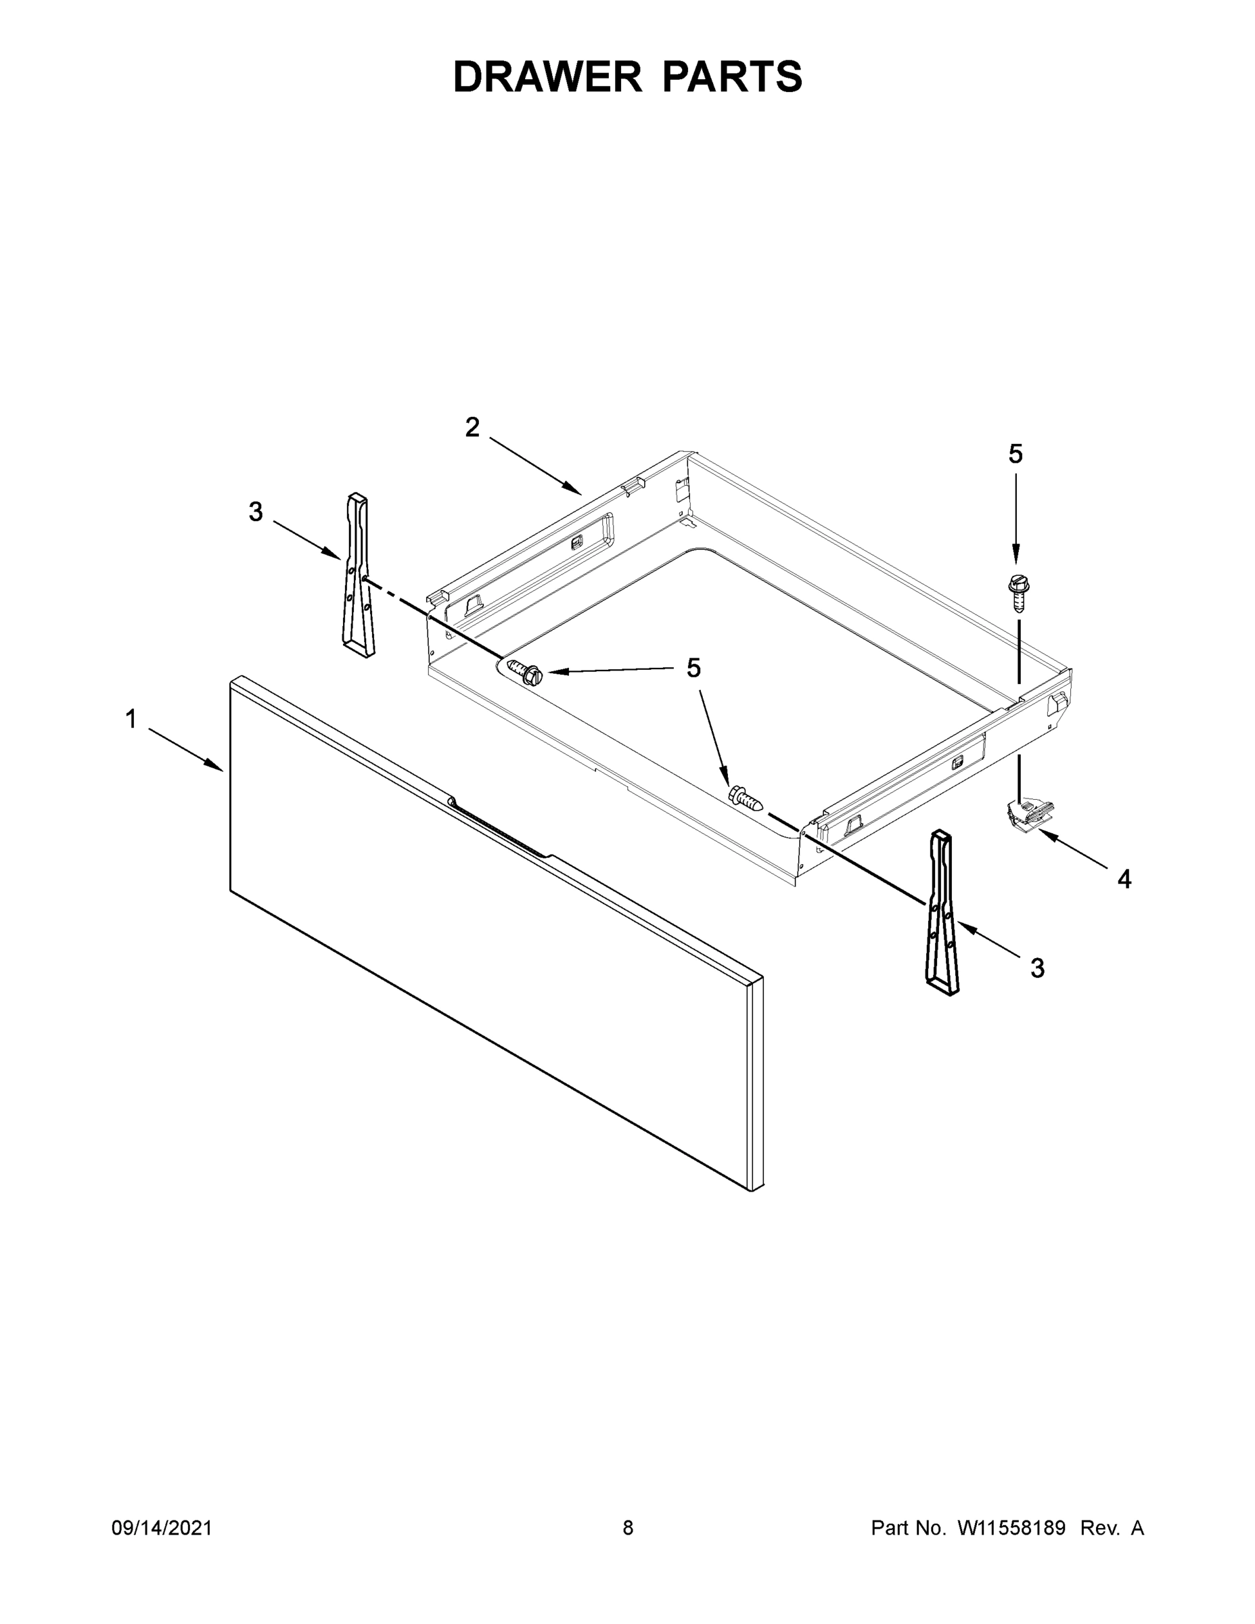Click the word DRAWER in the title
point(547,76)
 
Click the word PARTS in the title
point(732,76)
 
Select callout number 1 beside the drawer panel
point(131,719)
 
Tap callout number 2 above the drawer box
point(472,428)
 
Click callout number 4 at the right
point(1124,880)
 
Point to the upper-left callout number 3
point(255,512)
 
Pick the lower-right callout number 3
point(1037,968)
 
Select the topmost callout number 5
point(1016,453)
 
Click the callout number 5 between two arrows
point(693,669)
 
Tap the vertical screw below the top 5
point(1016,592)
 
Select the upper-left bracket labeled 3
point(359,574)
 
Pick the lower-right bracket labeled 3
point(942,913)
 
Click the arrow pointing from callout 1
point(186,750)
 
